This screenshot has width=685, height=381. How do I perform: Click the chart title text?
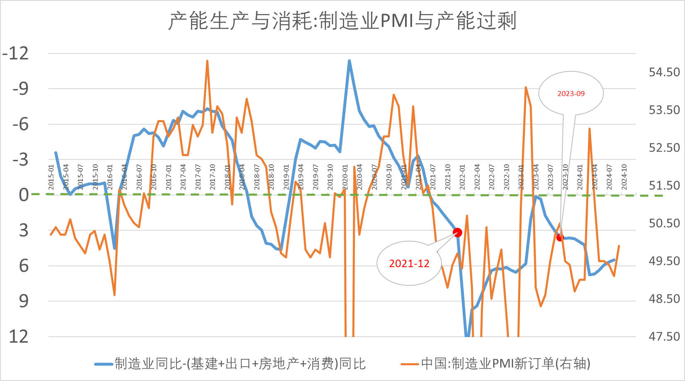coord(342,21)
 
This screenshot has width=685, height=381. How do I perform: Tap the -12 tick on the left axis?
coord(16,53)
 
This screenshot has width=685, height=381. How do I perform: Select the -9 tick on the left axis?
coord(20,89)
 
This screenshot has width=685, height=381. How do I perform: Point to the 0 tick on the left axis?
coord(24,195)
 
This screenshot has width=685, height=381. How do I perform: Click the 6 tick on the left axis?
coord(24,265)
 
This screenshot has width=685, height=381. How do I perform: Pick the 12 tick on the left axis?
coord(19,336)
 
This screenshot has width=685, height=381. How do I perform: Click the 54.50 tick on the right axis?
coord(664,72)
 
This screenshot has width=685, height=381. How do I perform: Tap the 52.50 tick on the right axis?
coord(664,147)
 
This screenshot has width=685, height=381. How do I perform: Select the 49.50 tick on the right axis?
coord(664,261)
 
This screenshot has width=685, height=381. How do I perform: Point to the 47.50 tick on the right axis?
coord(664,336)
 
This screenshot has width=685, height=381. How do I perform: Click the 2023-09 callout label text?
coord(571,94)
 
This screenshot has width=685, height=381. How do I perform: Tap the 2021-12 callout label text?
coord(409,263)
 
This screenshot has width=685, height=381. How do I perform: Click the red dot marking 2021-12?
coord(457,232)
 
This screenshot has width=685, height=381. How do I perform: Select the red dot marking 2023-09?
coord(560,237)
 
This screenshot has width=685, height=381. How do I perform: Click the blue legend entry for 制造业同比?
coord(230,364)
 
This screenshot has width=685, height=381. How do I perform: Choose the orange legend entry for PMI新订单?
coord(495,364)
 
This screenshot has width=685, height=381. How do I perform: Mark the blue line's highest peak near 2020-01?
coord(349,61)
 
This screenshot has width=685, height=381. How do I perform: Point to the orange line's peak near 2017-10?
coord(207,61)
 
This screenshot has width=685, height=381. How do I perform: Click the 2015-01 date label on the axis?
coord(51,177)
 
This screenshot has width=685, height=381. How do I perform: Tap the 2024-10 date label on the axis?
coord(624,177)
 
